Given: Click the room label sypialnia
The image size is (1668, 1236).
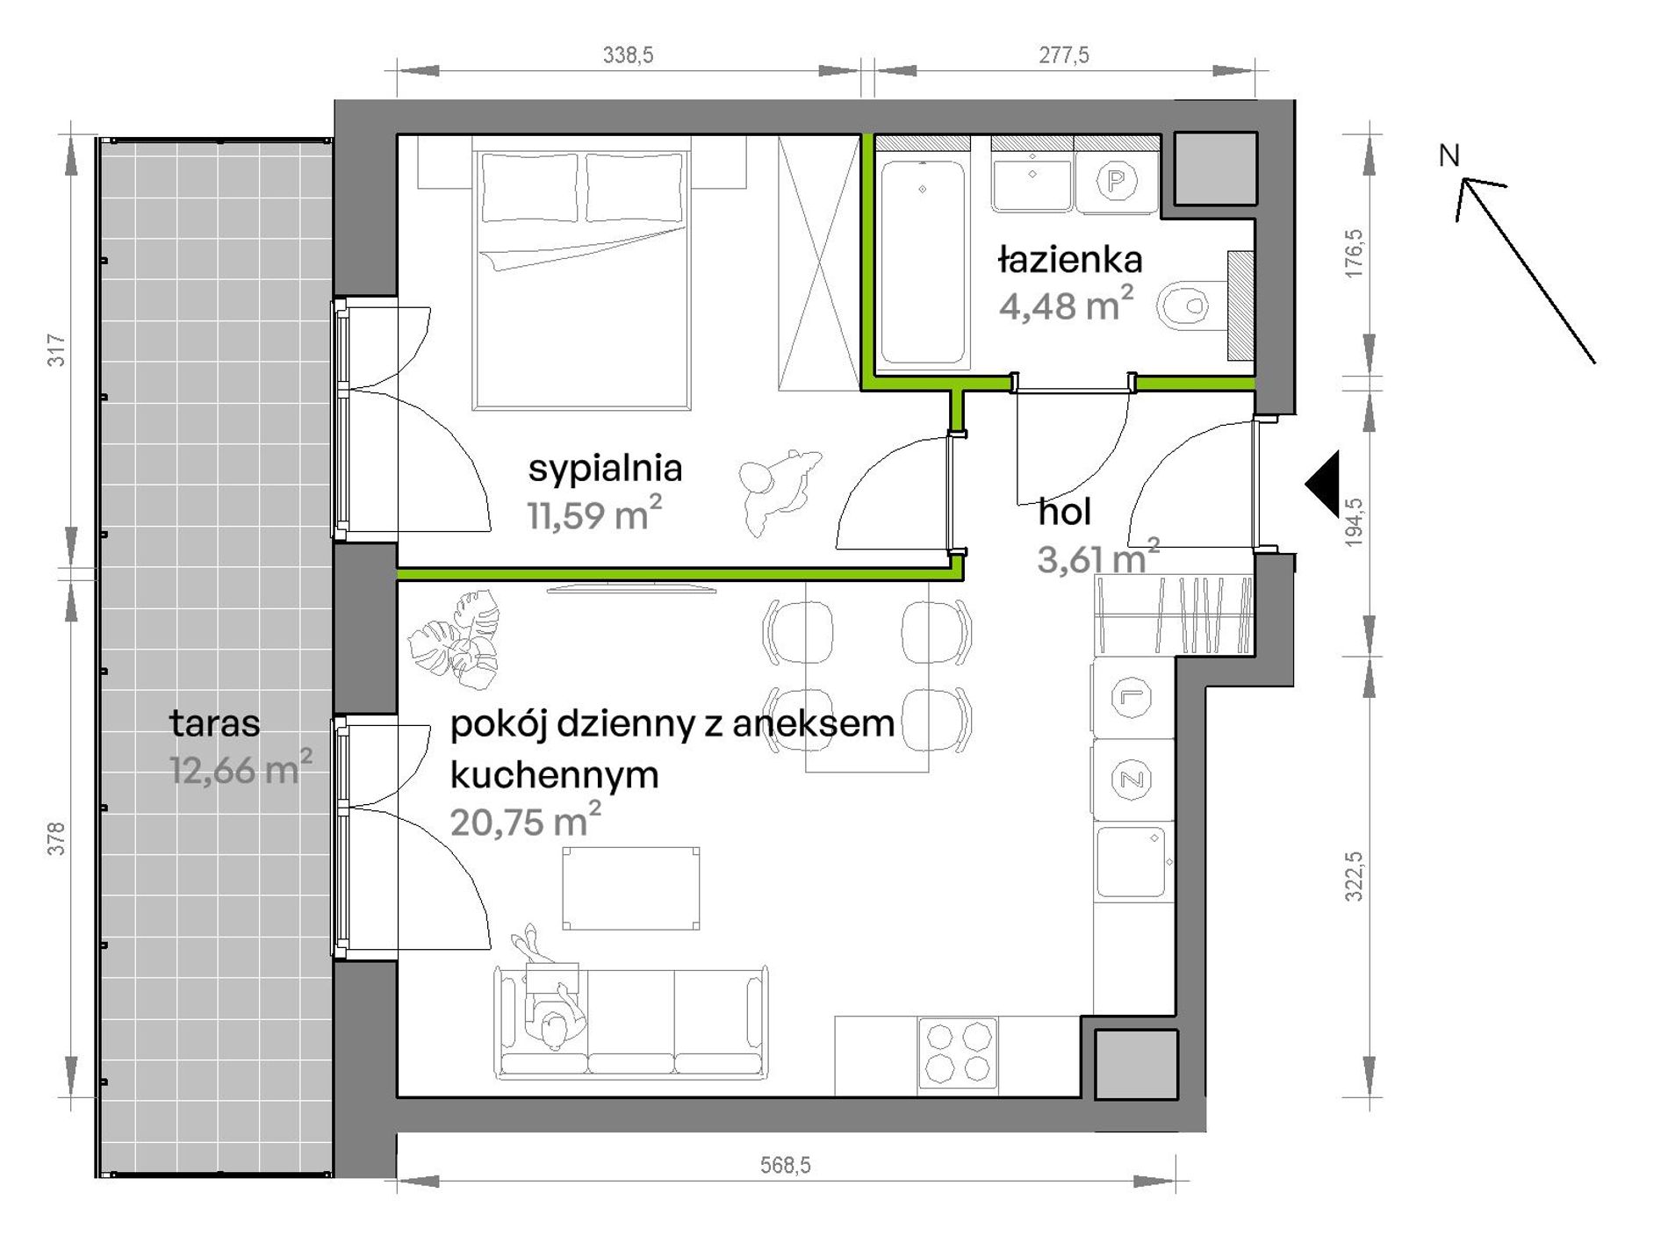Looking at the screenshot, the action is coord(605,469).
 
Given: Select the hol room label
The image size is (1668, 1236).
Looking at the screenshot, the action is coord(1064,512).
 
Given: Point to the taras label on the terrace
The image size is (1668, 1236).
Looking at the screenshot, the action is coord(215,723).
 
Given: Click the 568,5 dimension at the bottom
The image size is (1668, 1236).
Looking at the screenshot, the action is coord(786,1165).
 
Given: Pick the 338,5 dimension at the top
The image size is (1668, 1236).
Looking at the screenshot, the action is coord(628,55).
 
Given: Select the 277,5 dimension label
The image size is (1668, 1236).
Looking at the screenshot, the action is coord(1064,55).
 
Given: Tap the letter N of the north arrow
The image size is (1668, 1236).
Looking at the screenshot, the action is coord(1449,155).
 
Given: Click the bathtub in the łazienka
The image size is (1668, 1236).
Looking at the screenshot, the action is coord(923,262).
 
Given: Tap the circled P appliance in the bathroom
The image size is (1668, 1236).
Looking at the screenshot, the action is coord(1117,182).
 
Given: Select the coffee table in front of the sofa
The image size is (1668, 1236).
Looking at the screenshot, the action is coord(631,887).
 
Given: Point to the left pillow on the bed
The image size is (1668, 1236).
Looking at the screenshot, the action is coord(530,188).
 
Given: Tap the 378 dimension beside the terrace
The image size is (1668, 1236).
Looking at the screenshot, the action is coord(56,838).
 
